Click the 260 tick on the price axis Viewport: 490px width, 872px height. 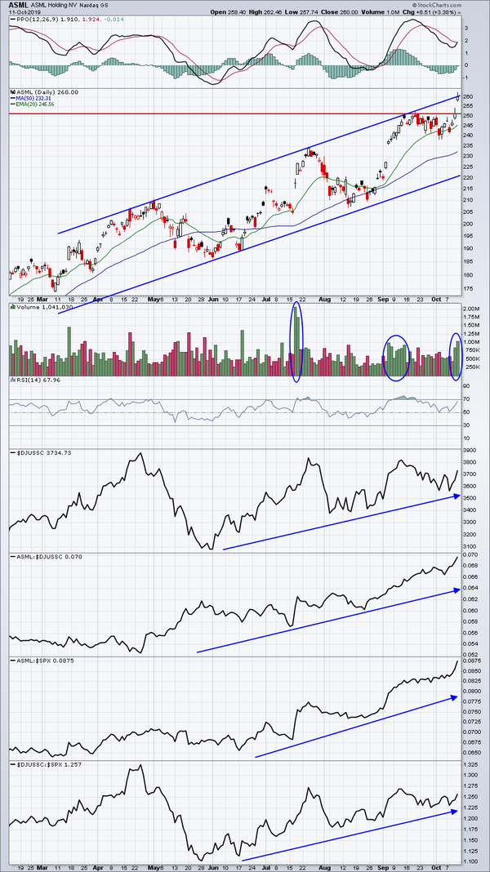468,97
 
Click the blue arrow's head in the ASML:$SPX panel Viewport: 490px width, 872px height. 453,696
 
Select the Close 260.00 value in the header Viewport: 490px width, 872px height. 372,12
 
